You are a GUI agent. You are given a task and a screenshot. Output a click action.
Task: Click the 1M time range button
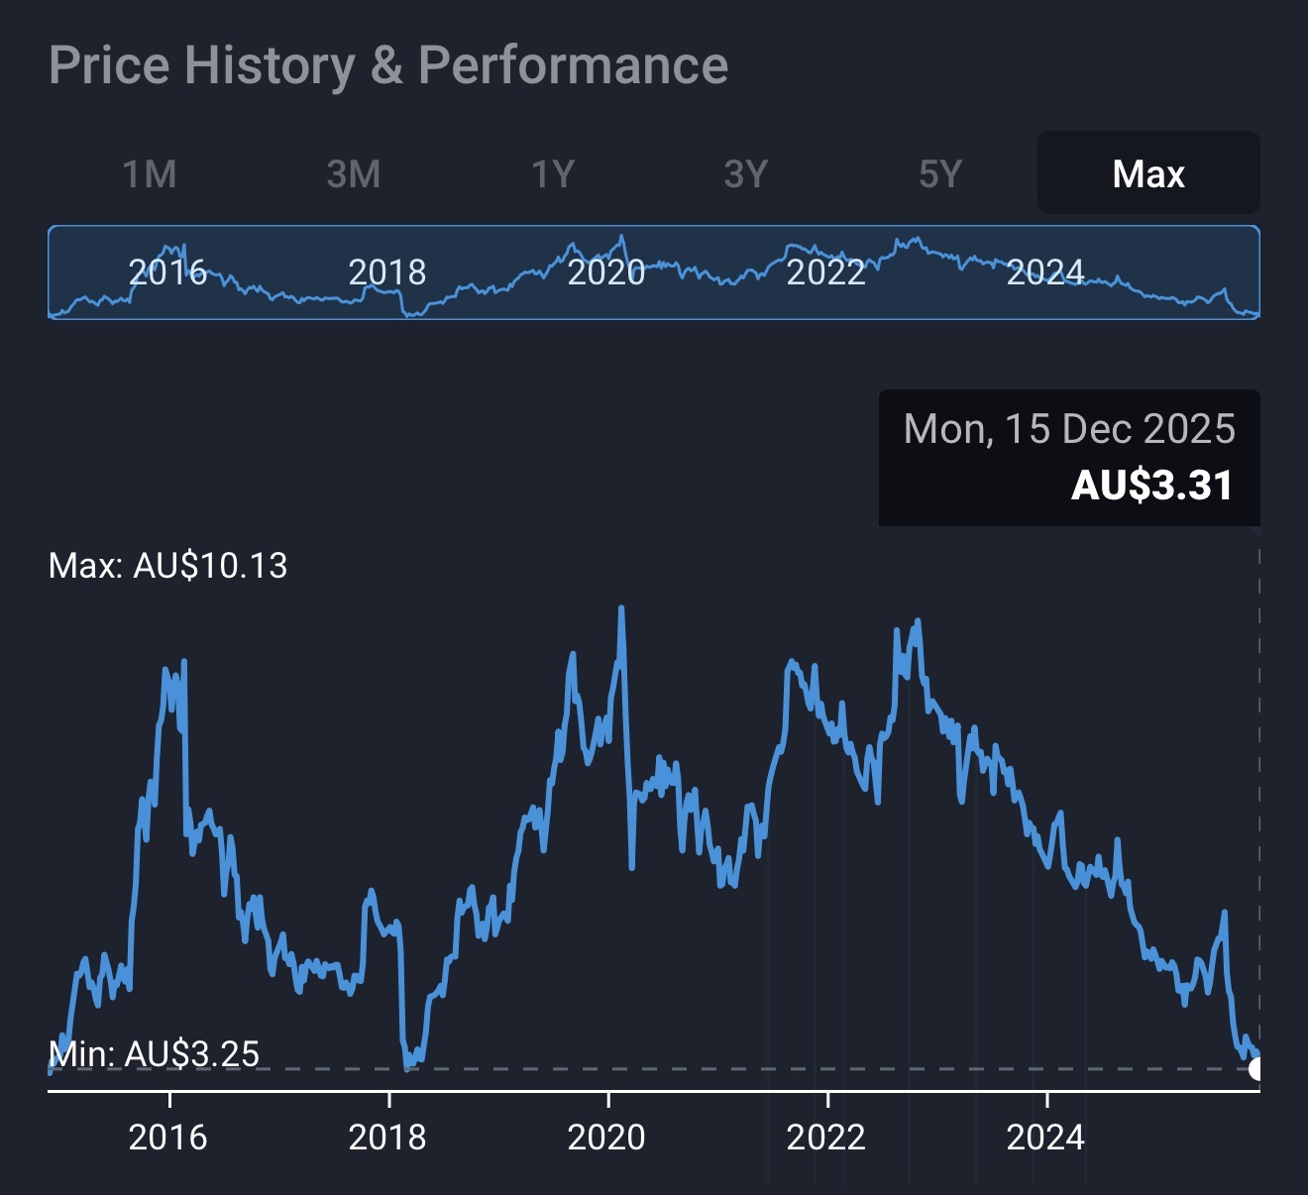(x=150, y=174)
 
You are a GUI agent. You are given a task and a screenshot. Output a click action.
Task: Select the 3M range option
(x=354, y=174)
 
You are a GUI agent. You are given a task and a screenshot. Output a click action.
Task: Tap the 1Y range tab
(x=553, y=174)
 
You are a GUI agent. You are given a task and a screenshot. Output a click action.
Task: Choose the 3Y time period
(x=746, y=174)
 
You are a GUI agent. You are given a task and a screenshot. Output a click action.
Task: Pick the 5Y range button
(x=940, y=174)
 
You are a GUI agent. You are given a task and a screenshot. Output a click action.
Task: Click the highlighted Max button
(x=1148, y=174)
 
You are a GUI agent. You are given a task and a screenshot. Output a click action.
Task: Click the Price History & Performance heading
(x=388, y=65)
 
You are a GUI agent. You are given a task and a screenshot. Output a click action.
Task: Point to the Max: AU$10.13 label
(x=167, y=566)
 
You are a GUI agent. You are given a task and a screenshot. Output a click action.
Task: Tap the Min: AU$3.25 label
(x=154, y=1053)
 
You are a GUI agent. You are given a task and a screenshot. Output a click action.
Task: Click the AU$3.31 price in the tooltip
(x=1152, y=486)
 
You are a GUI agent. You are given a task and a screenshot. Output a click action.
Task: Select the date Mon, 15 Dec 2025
(x=1069, y=429)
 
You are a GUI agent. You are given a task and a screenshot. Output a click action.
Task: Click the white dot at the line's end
(x=1256, y=1069)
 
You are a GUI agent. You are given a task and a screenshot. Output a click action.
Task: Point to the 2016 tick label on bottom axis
(x=168, y=1137)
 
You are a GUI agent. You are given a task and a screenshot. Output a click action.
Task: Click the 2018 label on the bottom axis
(x=387, y=1137)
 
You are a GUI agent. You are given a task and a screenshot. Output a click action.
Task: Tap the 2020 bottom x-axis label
(x=606, y=1137)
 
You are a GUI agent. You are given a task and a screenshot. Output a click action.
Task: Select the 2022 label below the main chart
(x=826, y=1137)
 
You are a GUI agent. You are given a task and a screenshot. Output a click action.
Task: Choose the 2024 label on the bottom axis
(x=1045, y=1137)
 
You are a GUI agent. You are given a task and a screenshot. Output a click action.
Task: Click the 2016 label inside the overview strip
(x=168, y=272)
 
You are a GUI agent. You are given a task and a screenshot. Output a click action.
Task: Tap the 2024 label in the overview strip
(x=1045, y=272)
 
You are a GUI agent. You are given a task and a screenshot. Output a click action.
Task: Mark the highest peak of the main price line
(x=621, y=607)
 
